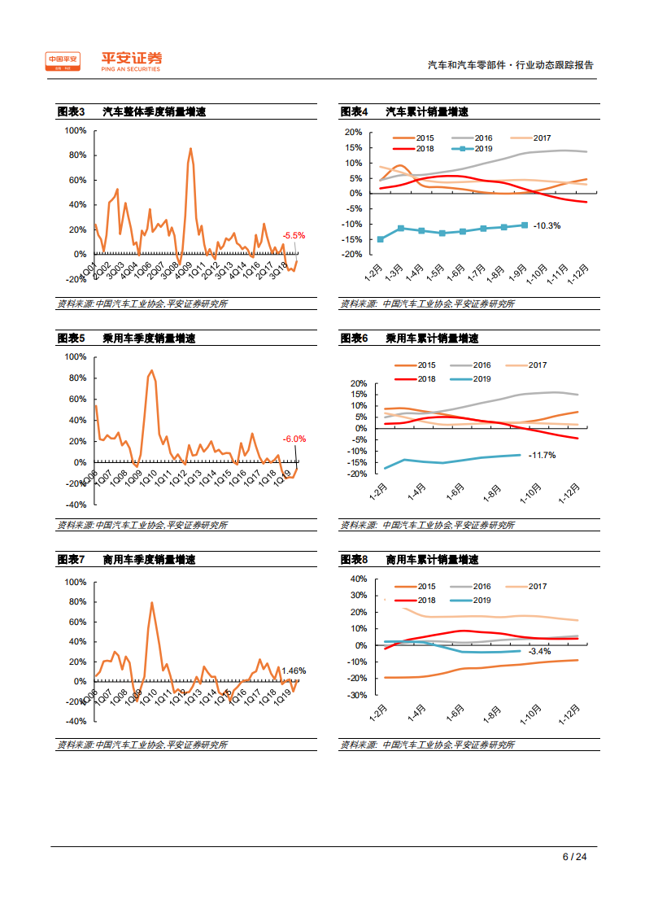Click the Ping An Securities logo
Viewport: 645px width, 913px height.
103,61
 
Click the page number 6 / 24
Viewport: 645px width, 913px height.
574,857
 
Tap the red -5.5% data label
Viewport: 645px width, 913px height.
294,236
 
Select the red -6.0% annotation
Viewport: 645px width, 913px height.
294,439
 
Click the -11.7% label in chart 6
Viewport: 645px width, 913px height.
542,455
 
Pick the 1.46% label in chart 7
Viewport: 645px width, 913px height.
294,671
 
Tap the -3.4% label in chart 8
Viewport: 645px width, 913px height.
539,651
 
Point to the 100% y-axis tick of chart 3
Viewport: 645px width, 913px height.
75,130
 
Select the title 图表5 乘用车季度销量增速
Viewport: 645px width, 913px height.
126,339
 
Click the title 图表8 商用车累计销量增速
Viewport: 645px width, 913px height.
409,560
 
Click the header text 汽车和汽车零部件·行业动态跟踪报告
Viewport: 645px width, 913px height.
511,65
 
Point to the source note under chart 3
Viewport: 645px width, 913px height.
142,304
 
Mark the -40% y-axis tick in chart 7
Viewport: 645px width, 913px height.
75,721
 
